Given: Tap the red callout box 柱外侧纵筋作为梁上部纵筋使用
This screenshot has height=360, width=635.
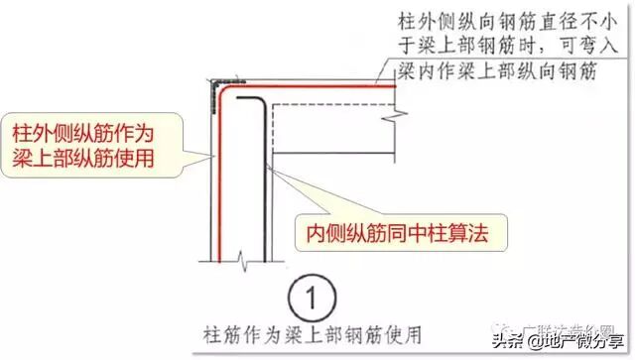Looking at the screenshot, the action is pyautogui.click(x=86, y=144).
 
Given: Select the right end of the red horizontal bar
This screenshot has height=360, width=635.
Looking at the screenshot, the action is pyautogui.click(x=396, y=86).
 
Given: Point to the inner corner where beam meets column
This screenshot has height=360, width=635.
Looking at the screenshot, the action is pyautogui.click(x=272, y=150).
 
